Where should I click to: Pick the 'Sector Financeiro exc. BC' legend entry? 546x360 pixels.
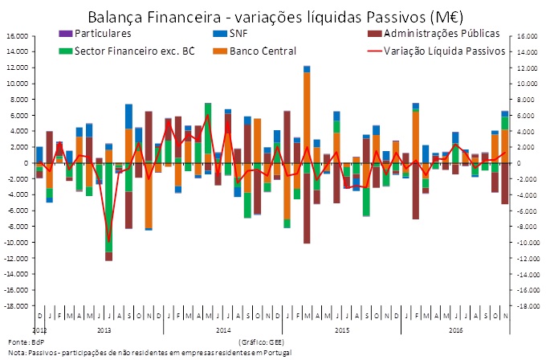pos(128,51)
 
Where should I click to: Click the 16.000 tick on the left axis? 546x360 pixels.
pos(16,36)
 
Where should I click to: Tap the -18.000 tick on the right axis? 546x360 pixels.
pos(527,306)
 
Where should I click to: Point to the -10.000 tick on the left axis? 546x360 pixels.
pos(16,243)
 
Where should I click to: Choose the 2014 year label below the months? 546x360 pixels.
pos(223,330)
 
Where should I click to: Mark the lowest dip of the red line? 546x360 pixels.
pos(109,240)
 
